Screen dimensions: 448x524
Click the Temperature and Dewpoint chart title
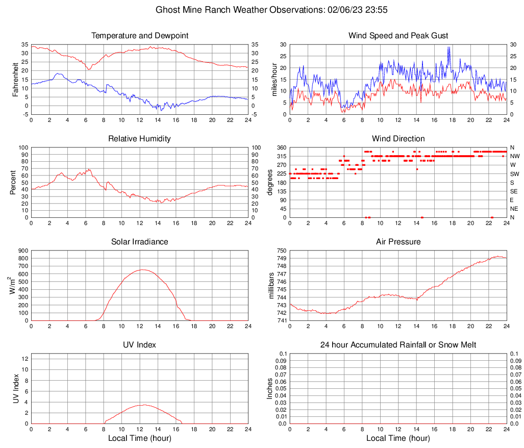click(x=140, y=36)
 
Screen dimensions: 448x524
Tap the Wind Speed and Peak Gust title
click(x=398, y=36)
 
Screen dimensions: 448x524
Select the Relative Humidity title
click(x=140, y=139)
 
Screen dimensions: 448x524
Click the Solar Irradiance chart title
click(x=140, y=242)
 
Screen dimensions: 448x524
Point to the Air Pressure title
click(x=398, y=242)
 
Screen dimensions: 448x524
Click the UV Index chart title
click(x=140, y=345)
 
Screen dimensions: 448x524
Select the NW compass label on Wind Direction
click(x=514, y=156)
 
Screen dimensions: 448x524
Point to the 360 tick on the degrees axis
click(x=282, y=147)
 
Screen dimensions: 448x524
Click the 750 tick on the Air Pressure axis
click(x=282, y=251)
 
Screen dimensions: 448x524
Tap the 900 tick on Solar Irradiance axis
click(x=23, y=251)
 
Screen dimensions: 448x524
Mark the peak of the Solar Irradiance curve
click(x=142, y=269)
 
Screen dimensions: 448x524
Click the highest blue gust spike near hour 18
click(x=448, y=47)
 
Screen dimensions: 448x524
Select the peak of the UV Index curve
click(x=144, y=405)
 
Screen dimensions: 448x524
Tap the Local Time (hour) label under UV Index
click(x=140, y=438)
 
